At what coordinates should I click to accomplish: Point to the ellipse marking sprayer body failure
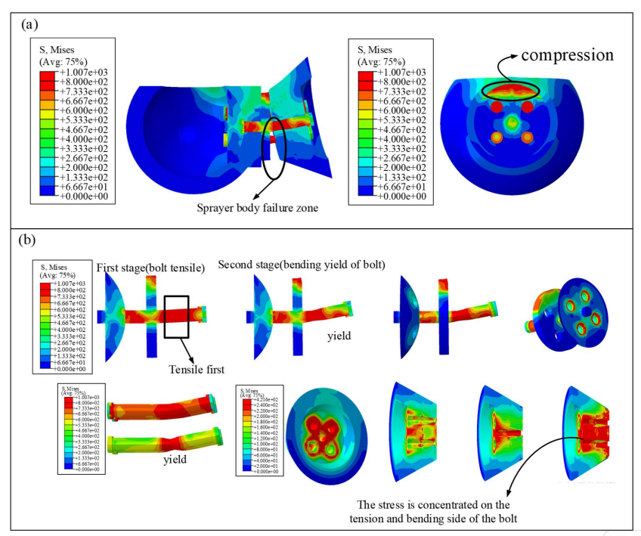pyautogui.click(x=274, y=144)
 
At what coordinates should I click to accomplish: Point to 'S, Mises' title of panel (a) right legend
pyautogui.click(x=379, y=51)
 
